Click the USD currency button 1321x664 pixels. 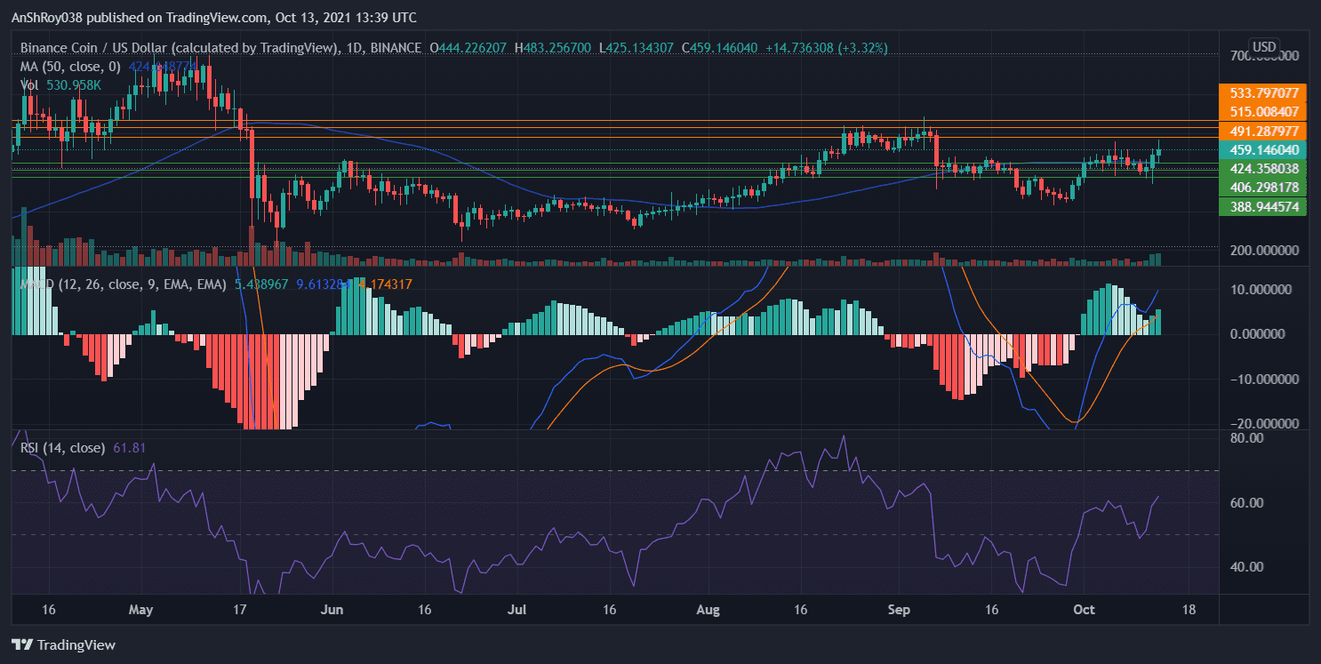(x=1263, y=46)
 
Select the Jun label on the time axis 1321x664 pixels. (x=332, y=610)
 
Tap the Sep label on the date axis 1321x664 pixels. (x=900, y=610)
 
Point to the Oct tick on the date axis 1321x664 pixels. (x=1083, y=610)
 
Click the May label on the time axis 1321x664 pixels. (x=141, y=610)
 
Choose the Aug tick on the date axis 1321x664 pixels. (x=708, y=610)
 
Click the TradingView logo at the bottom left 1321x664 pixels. (x=63, y=644)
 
